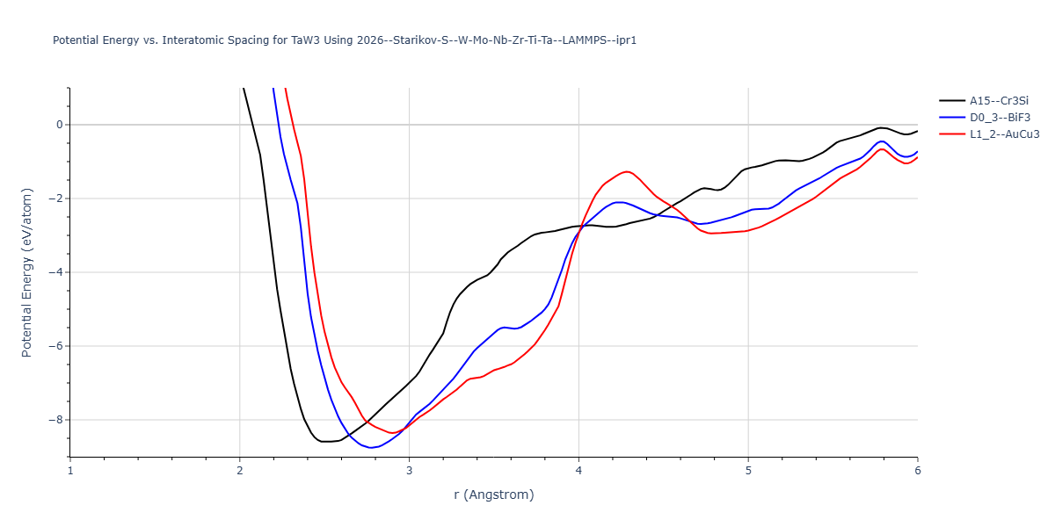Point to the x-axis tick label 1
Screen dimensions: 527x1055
tap(70, 471)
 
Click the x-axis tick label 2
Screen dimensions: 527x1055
tap(240, 471)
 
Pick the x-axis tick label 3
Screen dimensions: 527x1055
tap(409, 471)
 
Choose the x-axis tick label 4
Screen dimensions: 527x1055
tap(578, 471)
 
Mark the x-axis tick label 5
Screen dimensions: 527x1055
tap(748, 471)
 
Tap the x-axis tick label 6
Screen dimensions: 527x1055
tap(917, 471)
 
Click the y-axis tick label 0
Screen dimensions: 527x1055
tap(59, 125)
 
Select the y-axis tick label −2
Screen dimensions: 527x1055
tap(55, 199)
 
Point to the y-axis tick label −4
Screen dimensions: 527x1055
tap(55, 272)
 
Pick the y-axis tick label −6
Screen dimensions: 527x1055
tap(55, 346)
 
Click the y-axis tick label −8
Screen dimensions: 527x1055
tap(55, 420)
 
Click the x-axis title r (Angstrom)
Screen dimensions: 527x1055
tap(493, 495)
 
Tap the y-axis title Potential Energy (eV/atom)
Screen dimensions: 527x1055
tap(27, 272)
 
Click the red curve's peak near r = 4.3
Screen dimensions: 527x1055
tap(627, 171)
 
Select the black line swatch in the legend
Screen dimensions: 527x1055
tap(951, 101)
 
